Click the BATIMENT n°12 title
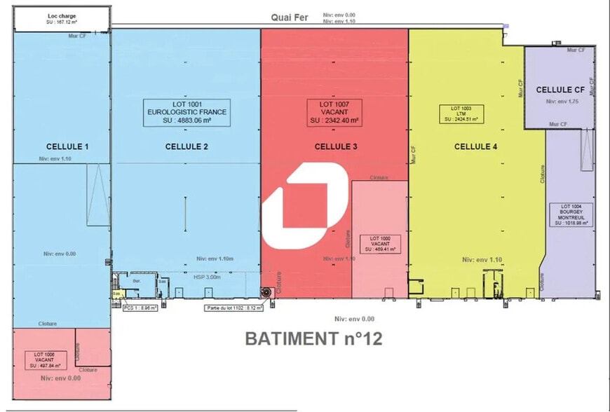313,338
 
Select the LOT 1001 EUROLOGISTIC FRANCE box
186,112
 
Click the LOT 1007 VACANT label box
334,112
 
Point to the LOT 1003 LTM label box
461,114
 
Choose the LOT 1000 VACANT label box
380,244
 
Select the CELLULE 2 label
187,146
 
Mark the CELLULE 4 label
477,146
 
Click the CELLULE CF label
560,90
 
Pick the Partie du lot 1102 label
234,307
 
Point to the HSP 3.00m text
207,277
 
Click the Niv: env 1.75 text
560,102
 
